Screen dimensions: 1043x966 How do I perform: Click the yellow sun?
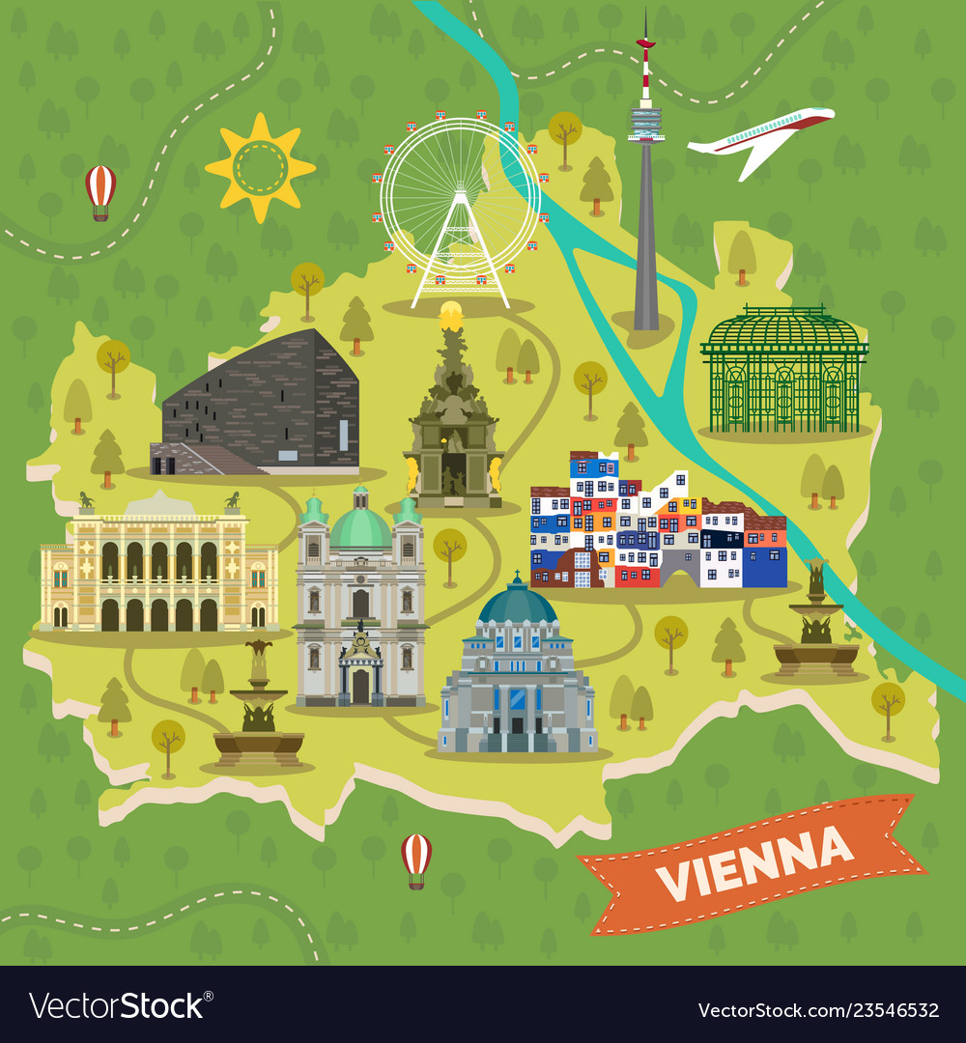point(260,167)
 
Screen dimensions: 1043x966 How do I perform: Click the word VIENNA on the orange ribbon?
point(754,862)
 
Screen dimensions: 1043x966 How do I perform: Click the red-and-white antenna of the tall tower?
point(645,68)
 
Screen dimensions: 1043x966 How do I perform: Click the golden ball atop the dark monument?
point(451,314)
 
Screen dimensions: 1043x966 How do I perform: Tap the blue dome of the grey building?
point(518,606)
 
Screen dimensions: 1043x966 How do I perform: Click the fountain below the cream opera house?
point(259,715)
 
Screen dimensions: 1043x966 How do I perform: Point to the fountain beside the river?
point(816,628)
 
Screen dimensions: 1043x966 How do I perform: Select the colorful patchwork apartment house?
point(657,526)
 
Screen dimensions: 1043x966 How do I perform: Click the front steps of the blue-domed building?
point(517,743)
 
